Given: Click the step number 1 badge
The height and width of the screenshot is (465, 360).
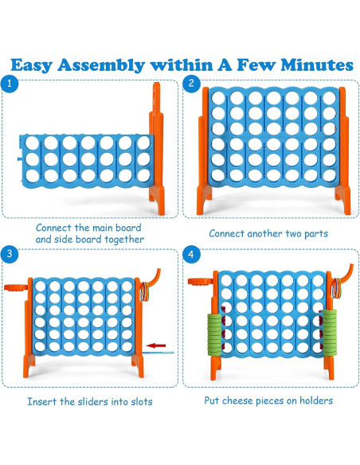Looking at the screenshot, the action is (10, 84).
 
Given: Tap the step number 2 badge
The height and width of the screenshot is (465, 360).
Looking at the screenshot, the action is (191, 83).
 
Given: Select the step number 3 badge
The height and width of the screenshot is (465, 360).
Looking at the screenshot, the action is (10, 254).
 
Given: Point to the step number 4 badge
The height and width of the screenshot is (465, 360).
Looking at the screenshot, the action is (191, 254).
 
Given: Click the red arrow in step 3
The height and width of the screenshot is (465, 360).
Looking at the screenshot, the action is (156, 346).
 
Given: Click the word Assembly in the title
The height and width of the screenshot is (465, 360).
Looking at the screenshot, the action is (101, 65).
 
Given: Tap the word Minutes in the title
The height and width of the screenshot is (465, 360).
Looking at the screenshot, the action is (317, 65).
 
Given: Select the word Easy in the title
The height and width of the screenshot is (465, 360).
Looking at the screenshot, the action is (31, 65).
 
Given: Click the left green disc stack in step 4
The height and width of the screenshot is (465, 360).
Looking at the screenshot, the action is (214, 334).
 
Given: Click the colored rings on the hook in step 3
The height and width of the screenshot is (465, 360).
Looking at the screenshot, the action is (145, 291).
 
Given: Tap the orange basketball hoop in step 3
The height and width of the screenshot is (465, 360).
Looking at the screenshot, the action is (16, 287).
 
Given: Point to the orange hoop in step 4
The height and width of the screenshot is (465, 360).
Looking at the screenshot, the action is (201, 281).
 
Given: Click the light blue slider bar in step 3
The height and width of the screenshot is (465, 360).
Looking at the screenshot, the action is (158, 352).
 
